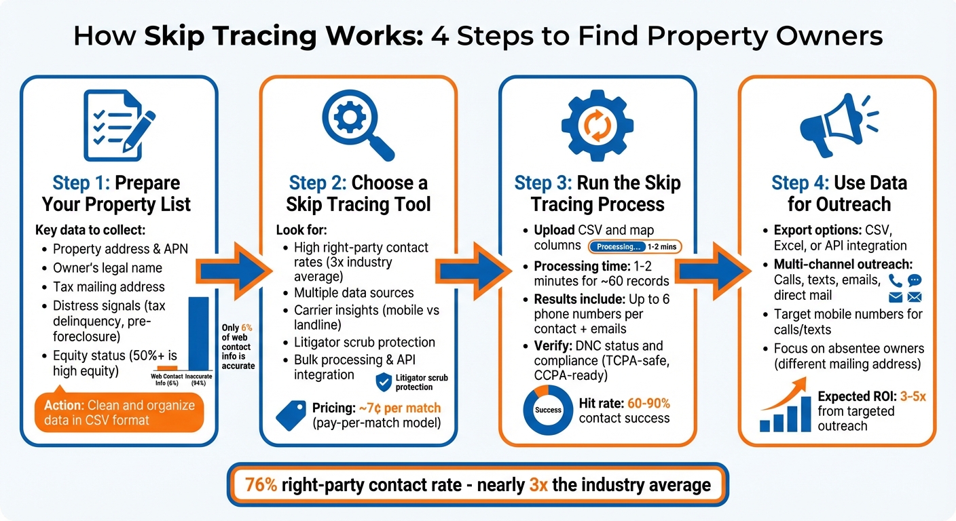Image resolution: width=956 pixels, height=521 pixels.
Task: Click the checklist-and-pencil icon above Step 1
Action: tap(117, 125)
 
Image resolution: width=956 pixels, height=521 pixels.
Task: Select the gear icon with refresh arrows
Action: tap(597, 126)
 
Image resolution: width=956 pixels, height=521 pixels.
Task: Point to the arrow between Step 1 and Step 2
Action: tap(234, 271)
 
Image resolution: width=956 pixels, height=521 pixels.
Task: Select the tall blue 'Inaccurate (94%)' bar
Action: tap(199, 332)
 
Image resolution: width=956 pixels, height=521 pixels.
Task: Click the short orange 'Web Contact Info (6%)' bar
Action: tap(167, 367)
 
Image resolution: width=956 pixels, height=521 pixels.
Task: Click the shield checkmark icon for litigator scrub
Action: tap(384, 381)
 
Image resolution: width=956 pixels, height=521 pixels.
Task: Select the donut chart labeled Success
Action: tap(548, 410)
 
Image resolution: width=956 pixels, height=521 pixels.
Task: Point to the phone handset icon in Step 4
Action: tap(896, 280)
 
